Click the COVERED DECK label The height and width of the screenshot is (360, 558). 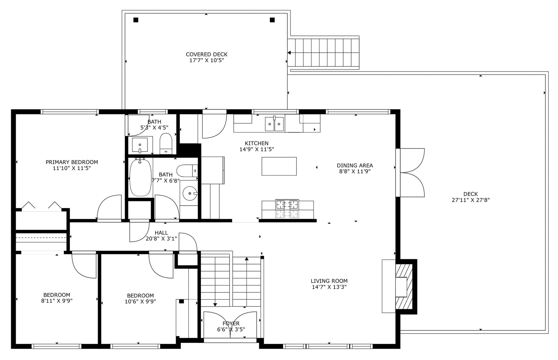[206, 54]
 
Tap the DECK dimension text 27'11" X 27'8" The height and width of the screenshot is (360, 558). [470, 200]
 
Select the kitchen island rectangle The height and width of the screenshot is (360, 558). [279, 166]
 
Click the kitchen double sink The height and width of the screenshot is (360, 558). [274, 124]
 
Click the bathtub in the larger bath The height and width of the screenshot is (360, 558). [140, 178]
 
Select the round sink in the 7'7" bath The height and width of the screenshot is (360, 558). [190, 193]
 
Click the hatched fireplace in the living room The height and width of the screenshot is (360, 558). [404, 287]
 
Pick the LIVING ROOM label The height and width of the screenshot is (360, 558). [329, 281]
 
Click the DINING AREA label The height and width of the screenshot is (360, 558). [355, 165]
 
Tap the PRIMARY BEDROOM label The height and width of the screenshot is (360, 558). [72, 162]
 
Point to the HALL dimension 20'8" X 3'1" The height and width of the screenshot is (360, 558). [161, 238]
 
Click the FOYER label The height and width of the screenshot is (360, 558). [231, 323]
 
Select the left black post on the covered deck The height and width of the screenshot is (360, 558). [136, 20]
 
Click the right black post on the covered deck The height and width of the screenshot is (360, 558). [272, 20]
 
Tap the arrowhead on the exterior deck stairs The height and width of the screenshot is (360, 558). [289, 53]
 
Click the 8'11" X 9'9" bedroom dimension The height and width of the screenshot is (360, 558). [57, 301]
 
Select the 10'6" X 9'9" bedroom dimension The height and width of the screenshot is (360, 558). [140, 301]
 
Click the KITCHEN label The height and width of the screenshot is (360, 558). [257, 143]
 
